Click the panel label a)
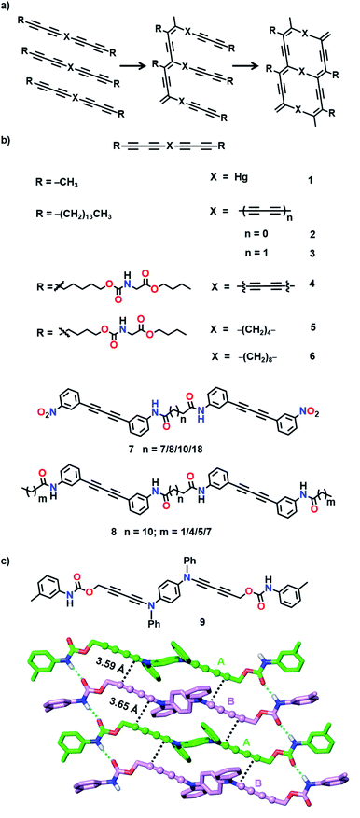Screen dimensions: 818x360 coord(8,7)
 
